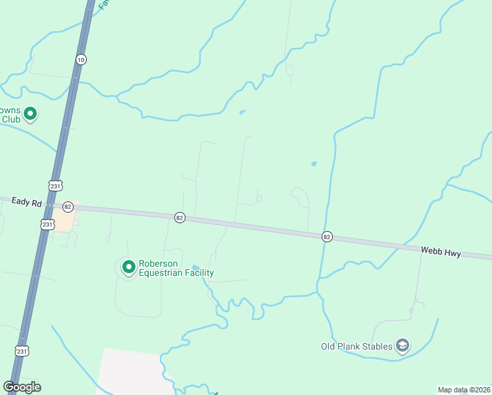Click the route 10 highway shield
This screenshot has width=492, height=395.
tap(80, 59)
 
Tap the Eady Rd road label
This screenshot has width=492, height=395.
tap(26, 203)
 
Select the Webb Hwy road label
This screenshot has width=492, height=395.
tap(441, 251)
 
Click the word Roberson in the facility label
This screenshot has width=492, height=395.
tap(158, 264)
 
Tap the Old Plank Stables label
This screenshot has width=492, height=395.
tap(356, 346)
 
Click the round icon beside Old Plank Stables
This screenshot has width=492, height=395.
tap(403, 345)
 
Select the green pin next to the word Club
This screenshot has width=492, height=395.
tap(30, 115)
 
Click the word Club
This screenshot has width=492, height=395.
tap(10, 119)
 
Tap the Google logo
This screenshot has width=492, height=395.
tap(22, 387)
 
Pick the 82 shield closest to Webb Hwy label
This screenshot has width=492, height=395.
tap(327, 236)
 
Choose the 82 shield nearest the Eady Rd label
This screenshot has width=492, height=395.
tap(68, 206)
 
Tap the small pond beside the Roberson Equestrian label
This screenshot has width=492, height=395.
tap(195, 267)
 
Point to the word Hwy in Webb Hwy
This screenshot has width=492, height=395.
tap(451, 251)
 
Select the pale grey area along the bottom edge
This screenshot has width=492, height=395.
tap(132, 372)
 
